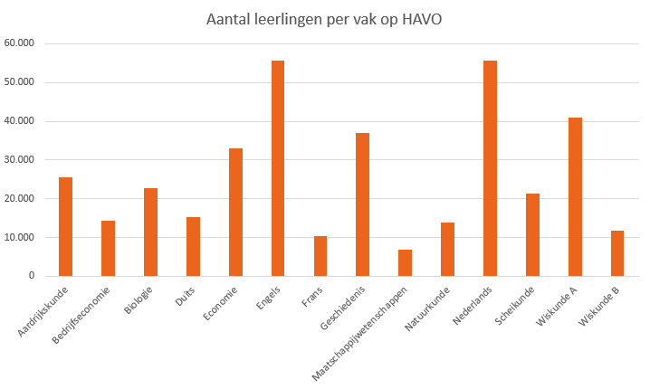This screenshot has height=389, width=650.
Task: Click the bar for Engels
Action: [x=278, y=168]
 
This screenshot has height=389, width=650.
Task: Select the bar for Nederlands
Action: [x=490, y=168]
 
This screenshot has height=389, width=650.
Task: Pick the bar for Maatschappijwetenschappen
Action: [x=405, y=262]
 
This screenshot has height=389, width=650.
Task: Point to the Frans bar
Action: [x=320, y=256]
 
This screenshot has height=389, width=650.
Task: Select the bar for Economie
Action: [x=235, y=213]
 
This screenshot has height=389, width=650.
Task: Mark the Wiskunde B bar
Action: [x=617, y=253]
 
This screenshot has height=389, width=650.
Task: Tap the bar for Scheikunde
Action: [x=532, y=235]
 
